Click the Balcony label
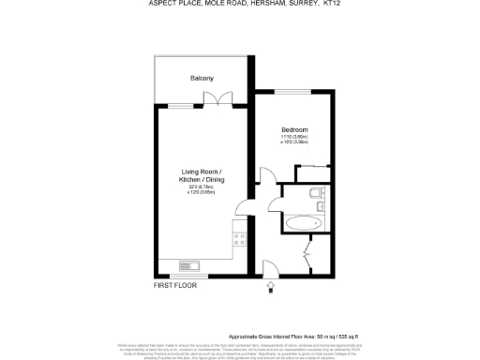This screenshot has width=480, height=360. [202, 78]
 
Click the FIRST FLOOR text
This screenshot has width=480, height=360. [175, 285]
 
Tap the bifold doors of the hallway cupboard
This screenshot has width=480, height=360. [307, 253]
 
